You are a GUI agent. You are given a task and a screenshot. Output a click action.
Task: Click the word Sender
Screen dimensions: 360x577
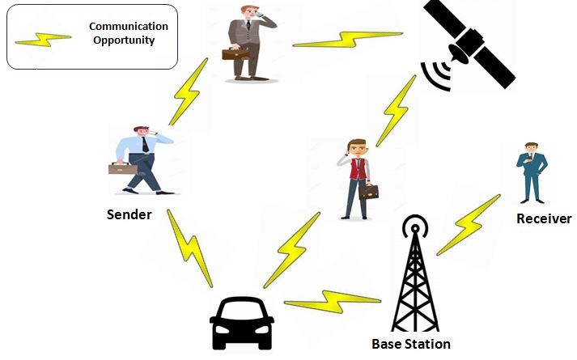coord(129,215)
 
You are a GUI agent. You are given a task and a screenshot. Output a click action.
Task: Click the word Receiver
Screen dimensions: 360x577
coord(544,218)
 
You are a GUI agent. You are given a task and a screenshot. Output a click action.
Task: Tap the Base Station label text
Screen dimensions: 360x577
coord(411,343)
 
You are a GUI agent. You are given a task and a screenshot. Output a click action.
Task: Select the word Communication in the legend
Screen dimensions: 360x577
coord(129,26)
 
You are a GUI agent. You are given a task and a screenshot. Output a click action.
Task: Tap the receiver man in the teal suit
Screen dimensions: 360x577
coord(532,172)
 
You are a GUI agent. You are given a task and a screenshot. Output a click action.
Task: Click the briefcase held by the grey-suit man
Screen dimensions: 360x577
coord(236,53)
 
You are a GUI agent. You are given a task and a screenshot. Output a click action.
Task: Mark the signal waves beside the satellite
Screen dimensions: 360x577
coord(435,75)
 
